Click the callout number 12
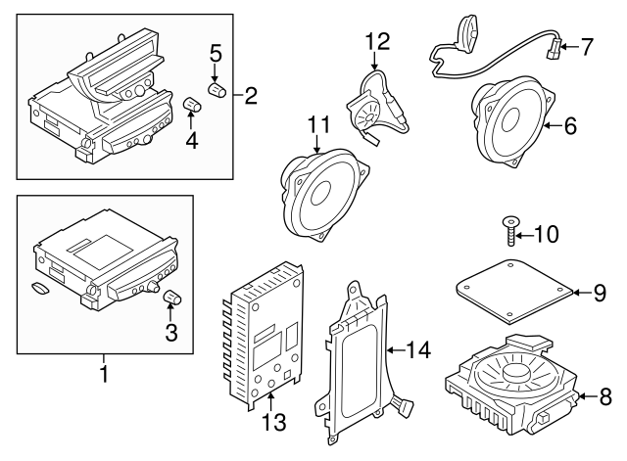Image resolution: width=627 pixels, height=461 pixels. (x=377, y=42)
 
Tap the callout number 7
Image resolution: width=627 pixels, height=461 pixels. (x=587, y=45)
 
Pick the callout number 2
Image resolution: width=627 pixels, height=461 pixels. (x=250, y=96)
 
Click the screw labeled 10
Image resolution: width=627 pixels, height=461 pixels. (x=510, y=232)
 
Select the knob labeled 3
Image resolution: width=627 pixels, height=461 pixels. (x=175, y=299)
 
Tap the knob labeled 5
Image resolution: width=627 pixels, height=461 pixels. (x=217, y=91)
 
